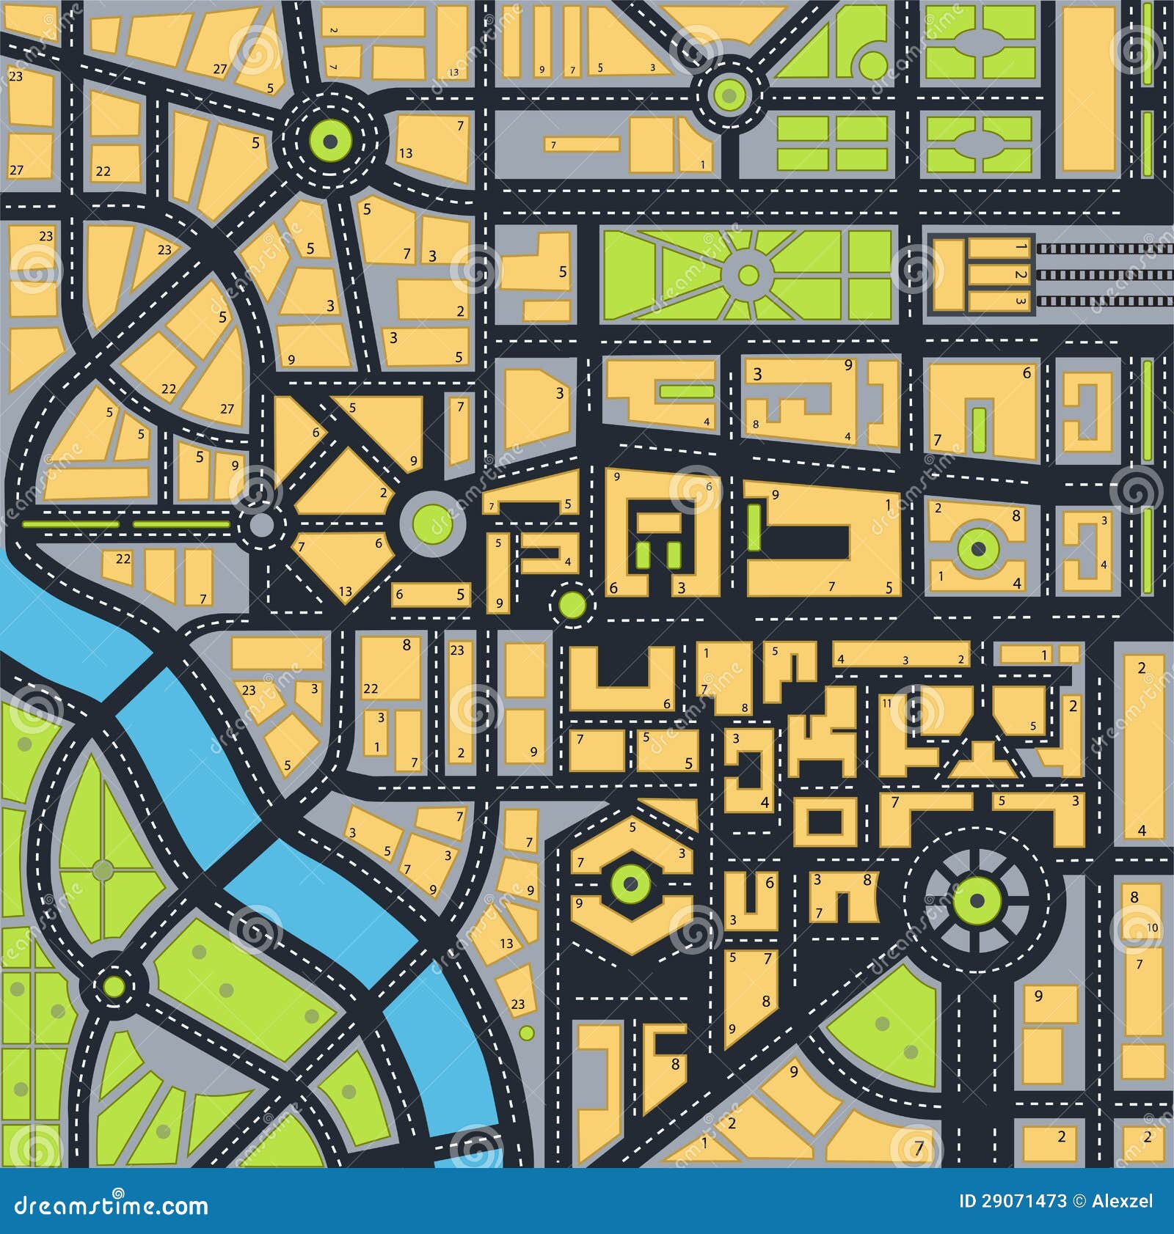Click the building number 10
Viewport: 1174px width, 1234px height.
1152,928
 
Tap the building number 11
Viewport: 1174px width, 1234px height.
887,702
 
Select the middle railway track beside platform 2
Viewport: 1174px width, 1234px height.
1104,275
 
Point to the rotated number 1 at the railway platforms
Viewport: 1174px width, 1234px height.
1020,247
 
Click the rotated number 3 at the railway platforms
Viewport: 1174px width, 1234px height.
1020,301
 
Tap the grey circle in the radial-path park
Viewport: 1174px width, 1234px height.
748,275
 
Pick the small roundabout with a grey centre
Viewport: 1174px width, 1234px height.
262,525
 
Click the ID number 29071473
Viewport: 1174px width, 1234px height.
1013,1201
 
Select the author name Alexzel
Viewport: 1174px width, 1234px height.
1123,1201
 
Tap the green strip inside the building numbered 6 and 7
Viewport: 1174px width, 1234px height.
978,429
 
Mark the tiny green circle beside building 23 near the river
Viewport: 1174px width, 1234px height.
526,1032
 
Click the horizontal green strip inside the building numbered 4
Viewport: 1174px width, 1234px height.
686,392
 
